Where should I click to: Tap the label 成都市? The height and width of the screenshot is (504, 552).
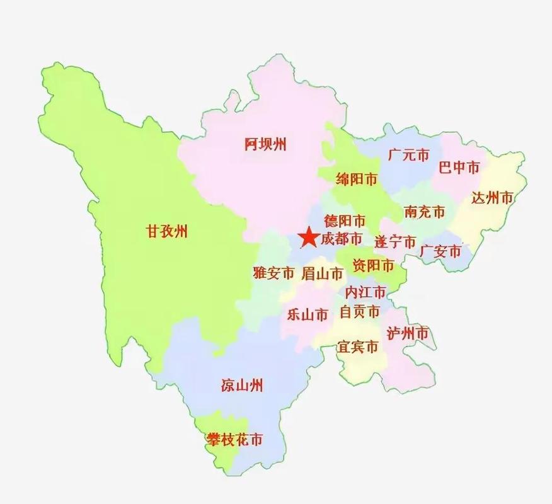pos(342,239)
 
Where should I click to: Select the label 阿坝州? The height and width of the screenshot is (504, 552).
pos(265,144)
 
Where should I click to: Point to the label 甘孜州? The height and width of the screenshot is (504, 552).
pos(167,231)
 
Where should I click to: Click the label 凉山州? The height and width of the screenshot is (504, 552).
pos(242,385)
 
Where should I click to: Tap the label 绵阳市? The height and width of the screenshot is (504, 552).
pos(357,180)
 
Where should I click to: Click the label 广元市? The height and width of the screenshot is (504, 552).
pos(408,154)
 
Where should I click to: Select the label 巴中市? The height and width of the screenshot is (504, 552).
pos(459,167)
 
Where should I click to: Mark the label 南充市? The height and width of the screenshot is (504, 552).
pos(425,212)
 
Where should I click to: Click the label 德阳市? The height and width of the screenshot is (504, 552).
pos(345,221)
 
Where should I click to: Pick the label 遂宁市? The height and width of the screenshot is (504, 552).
pos(395,241)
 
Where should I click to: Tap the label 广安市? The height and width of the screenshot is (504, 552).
pos(440,252)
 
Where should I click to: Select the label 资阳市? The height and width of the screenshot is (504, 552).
pos(373,265)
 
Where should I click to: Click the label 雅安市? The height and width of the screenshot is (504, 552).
pos(273,273)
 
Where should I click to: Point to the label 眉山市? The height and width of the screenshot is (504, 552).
pos(322,274)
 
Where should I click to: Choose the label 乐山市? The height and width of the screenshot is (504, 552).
pos(308,314)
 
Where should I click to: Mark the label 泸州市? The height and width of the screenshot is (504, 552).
pos(408,333)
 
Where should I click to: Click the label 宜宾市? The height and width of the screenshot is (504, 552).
pos(358,347)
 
